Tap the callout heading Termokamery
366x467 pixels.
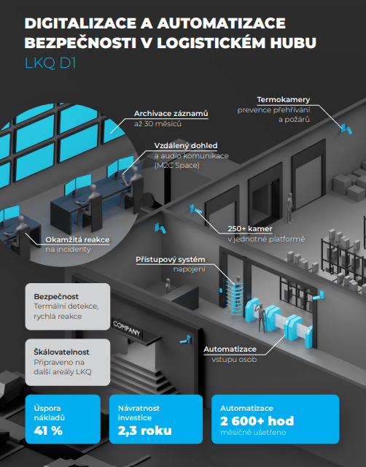click(284, 100)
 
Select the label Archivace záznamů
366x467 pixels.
click(171, 113)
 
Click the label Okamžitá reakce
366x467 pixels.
click(75, 239)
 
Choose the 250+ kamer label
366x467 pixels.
click(250, 229)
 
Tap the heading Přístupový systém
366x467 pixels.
click(176, 260)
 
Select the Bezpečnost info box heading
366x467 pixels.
click(58, 297)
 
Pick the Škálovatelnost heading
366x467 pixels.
click(63, 350)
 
